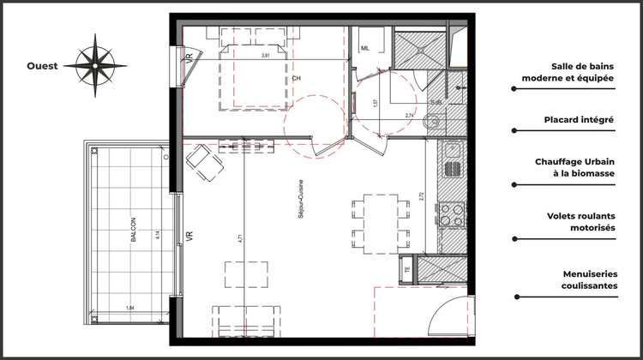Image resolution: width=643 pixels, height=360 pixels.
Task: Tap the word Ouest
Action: [x=42, y=66]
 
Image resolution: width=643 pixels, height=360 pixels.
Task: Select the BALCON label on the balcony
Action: [x=134, y=235]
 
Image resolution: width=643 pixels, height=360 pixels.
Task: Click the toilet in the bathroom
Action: [x=432, y=123]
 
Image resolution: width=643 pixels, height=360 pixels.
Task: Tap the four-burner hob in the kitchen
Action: [x=452, y=213]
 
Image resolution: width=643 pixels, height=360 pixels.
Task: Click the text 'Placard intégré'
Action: [x=578, y=121]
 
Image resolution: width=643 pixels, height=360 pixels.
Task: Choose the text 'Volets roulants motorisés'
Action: [x=581, y=224]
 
